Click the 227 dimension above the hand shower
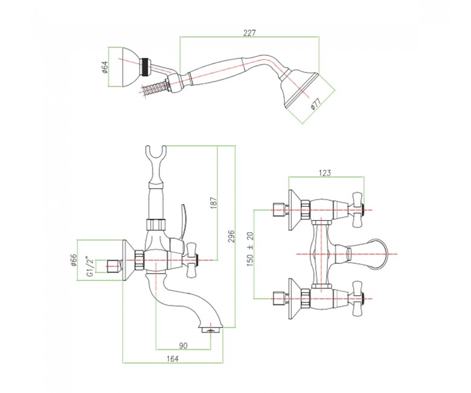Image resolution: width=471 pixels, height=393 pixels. pyautogui.click(x=249, y=33)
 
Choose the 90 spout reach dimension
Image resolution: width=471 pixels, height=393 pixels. pyautogui.click(x=183, y=346)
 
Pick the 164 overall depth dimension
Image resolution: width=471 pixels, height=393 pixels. pyautogui.click(x=173, y=359)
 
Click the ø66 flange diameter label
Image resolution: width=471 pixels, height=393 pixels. pyautogui.click(x=74, y=260)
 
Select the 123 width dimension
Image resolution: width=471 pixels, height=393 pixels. pyautogui.click(x=324, y=173)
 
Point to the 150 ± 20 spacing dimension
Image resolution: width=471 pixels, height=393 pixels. pyautogui.click(x=251, y=249)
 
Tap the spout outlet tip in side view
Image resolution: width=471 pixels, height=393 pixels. pyautogui.click(x=211, y=330)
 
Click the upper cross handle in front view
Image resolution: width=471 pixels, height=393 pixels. pyautogui.click(x=357, y=210)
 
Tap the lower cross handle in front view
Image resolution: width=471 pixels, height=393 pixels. pyautogui.click(x=357, y=299)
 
